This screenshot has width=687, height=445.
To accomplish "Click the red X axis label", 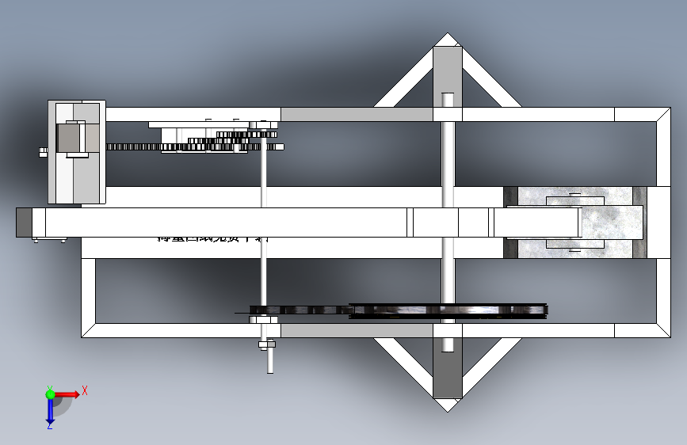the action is coord(84,390).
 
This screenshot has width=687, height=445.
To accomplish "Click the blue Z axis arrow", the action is coord(49,412).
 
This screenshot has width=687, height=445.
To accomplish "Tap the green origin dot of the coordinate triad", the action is coord(50,394).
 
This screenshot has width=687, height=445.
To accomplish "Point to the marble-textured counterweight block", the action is coord(575,223).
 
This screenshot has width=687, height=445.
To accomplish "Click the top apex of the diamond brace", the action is coord(448,36).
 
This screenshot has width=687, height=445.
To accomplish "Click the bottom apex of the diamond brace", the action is coord(447,407).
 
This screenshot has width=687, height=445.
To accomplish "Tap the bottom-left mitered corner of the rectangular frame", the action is coord(88,331).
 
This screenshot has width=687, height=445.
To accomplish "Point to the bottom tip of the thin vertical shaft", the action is coord(270,371).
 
